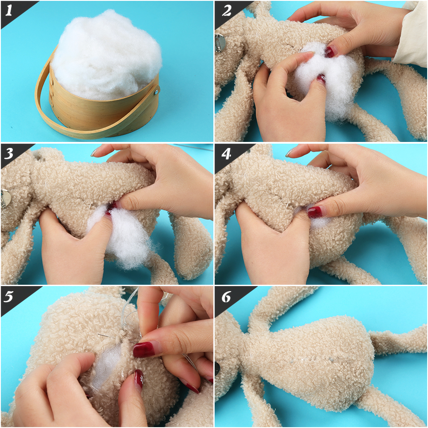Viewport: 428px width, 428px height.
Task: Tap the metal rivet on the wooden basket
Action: click(156, 91)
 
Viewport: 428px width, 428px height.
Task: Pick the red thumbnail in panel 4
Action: click(315, 212)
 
